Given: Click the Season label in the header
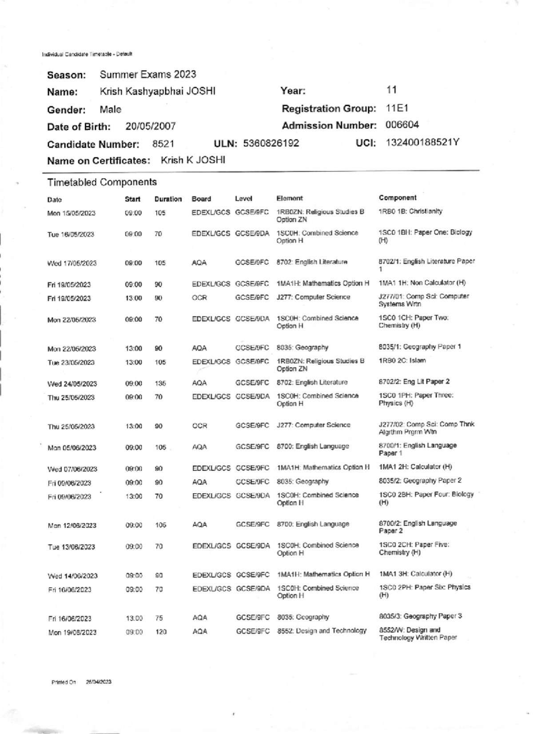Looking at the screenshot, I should pyautogui.click(x=66, y=75).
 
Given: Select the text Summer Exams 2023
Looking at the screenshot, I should pyautogui.click(x=147, y=74).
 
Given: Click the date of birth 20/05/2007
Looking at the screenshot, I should pyautogui.click(x=151, y=127).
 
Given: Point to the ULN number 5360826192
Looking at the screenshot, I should pyautogui.click(x=271, y=143).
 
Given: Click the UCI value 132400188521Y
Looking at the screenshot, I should pyautogui.click(x=422, y=142).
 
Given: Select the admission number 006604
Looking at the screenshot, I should pyautogui.click(x=402, y=125).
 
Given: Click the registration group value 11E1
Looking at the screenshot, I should pyautogui.click(x=397, y=108).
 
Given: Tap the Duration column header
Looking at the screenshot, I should pyautogui.click(x=168, y=199).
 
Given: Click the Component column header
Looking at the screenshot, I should pyautogui.click(x=398, y=198).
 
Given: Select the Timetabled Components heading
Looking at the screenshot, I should pyautogui.click(x=102, y=182).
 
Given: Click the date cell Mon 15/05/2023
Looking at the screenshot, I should pyautogui.click(x=71, y=213).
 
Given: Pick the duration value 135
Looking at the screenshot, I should pyautogui.click(x=160, y=383).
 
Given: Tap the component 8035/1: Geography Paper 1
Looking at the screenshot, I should pyautogui.click(x=420, y=347).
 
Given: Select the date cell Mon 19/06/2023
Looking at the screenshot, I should pyautogui.click(x=72, y=633).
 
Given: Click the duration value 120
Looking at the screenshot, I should pyautogui.click(x=161, y=632).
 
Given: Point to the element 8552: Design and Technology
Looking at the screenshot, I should pyautogui.click(x=322, y=630).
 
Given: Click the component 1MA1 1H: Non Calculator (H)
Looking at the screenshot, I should pyautogui.click(x=422, y=283).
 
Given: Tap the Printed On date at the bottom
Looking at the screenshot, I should pyautogui.click(x=98, y=682).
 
